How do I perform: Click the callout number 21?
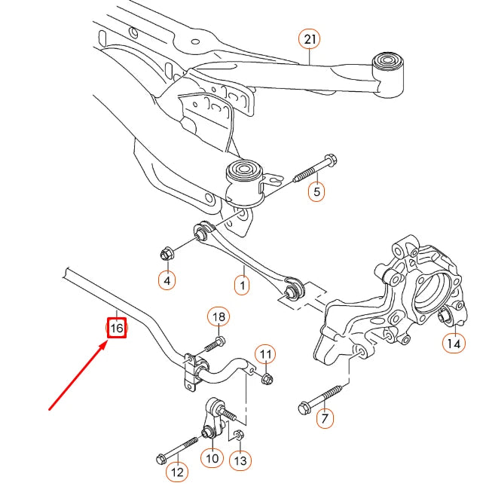click(309, 39)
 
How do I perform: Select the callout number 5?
click(316, 192)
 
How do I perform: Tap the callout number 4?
click(167, 281)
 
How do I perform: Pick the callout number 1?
click(242, 286)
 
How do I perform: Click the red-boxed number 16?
click(117, 329)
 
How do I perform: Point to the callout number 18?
click(218, 317)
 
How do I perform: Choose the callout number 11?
click(264, 353)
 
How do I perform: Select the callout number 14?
click(452, 344)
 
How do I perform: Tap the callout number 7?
click(324, 417)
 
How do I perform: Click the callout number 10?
click(211, 457)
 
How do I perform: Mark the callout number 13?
click(240, 460)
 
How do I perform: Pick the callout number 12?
click(176, 472)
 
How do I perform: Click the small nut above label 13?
click(239, 434)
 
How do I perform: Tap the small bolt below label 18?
click(212, 345)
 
